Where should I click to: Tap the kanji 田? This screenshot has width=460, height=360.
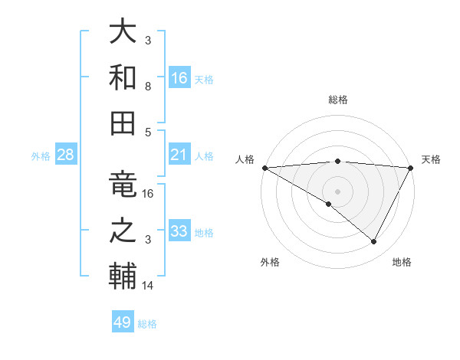click(x=123, y=122)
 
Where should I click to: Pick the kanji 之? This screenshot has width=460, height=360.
click(x=123, y=231)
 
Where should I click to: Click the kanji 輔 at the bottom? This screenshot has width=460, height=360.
click(x=123, y=277)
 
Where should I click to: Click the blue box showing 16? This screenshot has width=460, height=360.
click(x=179, y=77)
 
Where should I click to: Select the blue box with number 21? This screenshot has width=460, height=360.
click(x=179, y=155)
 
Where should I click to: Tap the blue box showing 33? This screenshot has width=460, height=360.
click(x=179, y=231)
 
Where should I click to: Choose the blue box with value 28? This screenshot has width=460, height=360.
click(x=66, y=155)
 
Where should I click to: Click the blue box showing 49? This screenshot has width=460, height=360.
click(x=123, y=322)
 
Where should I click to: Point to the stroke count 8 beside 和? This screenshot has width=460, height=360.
click(x=148, y=86)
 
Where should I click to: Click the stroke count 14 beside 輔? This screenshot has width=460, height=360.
click(x=148, y=286)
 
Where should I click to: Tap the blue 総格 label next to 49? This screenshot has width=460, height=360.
click(x=148, y=324)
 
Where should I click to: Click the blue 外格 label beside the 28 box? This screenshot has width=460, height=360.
click(x=41, y=155)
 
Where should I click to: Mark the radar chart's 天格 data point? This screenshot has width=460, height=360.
click(x=411, y=168)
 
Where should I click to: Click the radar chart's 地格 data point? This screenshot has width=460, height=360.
click(x=374, y=241)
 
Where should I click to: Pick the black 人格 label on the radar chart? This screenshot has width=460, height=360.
click(x=245, y=159)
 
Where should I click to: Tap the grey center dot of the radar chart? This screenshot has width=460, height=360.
click(x=337, y=190)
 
